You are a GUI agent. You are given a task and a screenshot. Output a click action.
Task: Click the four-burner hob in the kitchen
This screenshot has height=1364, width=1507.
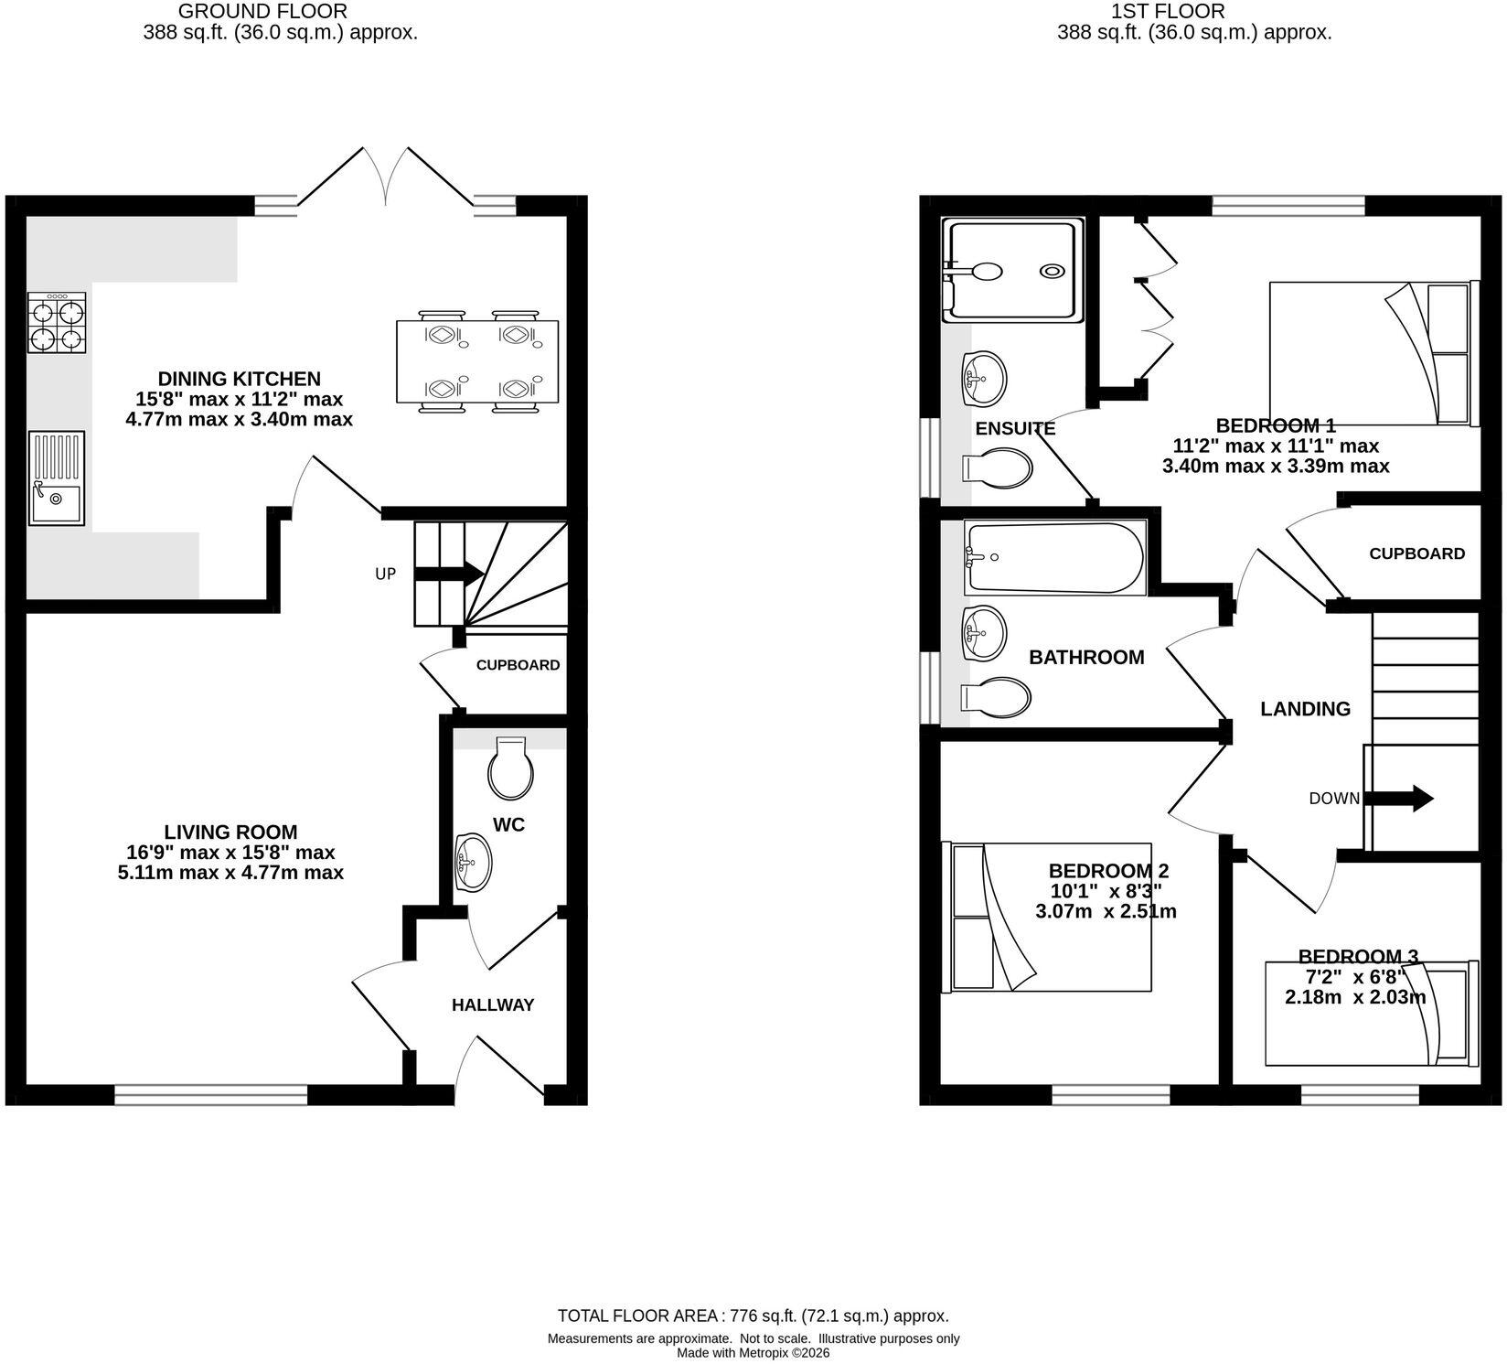[x=57, y=323]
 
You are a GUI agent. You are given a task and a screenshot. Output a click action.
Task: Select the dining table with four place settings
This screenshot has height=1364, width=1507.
[x=477, y=360]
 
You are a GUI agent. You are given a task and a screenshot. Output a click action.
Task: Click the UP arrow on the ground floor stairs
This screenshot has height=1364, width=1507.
[x=449, y=574]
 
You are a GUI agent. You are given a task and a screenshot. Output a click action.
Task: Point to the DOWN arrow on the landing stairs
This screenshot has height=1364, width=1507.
[x=1397, y=798]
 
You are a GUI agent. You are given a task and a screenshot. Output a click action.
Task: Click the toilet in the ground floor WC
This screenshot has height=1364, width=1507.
[x=511, y=767]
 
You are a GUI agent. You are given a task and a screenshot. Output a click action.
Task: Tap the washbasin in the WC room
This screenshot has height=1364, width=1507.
[x=473, y=862]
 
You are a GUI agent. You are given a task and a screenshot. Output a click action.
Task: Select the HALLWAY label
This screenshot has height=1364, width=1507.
[x=493, y=1004]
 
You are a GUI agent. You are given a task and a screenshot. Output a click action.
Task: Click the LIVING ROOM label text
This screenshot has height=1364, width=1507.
[x=230, y=832]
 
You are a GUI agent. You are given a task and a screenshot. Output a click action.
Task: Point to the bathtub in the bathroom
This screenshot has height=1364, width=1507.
[x=1053, y=558]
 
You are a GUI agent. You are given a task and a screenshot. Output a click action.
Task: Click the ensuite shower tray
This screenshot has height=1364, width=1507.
[x=1013, y=270]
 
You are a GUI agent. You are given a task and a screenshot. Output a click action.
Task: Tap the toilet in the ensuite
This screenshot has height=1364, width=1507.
[x=998, y=468]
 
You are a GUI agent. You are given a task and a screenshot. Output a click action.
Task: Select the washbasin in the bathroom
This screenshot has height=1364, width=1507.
[x=984, y=633]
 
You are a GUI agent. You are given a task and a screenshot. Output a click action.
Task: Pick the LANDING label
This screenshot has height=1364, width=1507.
[x=1305, y=709]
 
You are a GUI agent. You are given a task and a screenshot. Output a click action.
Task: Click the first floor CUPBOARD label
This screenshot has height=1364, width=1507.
[x=1416, y=553]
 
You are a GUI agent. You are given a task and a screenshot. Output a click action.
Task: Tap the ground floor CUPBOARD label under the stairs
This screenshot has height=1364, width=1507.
[x=518, y=665]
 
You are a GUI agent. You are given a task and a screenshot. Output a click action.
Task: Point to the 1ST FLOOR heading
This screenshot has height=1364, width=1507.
[x=1168, y=12]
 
